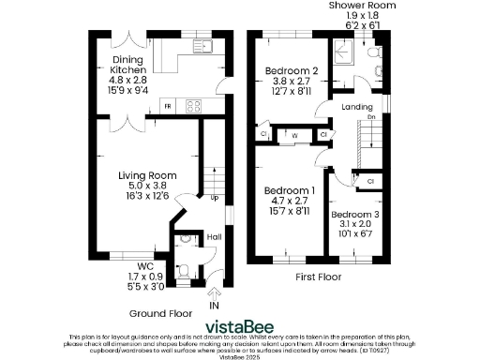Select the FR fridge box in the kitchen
click(x=168, y=107)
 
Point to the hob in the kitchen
click(x=192, y=107)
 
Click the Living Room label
click(x=147, y=175)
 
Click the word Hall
click(x=214, y=237)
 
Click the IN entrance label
click(x=215, y=306)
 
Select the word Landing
click(x=357, y=107)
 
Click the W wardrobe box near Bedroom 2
click(x=294, y=135)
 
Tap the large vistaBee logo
click(x=240, y=325)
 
